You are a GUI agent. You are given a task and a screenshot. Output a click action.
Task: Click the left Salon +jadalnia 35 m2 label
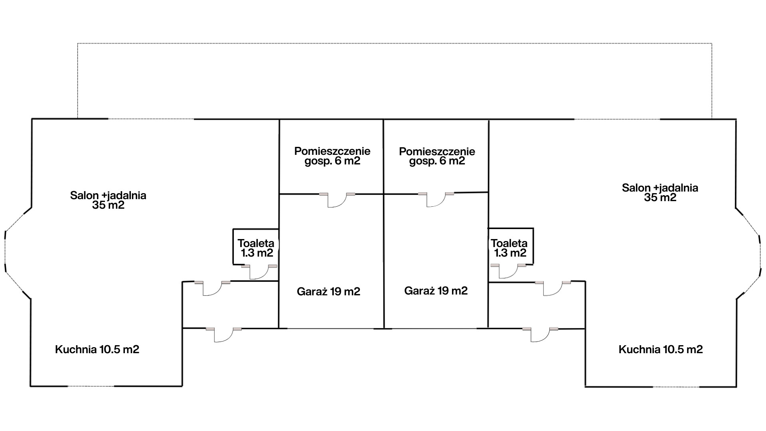[x=108, y=200]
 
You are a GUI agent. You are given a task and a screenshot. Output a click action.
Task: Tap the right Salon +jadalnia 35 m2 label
[x=660, y=192]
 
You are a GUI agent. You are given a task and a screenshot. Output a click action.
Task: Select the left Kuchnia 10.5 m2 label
[x=97, y=350]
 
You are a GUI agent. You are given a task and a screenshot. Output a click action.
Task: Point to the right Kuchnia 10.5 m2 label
[x=661, y=350]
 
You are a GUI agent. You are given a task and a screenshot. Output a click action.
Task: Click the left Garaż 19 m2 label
[x=328, y=292]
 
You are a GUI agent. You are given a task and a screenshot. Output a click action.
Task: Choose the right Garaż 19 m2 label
[x=436, y=291]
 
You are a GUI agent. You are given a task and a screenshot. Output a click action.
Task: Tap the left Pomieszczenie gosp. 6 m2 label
[x=332, y=156]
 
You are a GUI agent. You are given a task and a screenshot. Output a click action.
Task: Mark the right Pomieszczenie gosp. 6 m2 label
[x=437, y=156]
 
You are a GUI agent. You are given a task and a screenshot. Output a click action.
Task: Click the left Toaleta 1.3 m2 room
[x=256, y=247]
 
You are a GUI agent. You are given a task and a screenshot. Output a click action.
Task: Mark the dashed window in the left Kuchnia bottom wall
[x=91, y=386]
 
